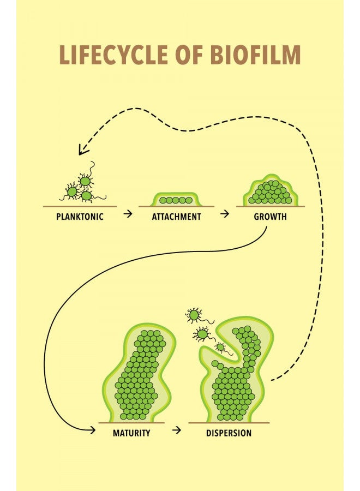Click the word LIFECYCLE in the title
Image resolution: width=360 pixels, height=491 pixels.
113,55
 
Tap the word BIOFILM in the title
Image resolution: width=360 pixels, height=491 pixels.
255,55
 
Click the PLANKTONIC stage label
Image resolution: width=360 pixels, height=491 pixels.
80,217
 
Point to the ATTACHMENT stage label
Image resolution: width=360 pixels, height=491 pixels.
176,217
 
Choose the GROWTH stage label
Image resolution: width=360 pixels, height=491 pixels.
270,217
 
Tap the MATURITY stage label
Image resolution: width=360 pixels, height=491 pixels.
131,433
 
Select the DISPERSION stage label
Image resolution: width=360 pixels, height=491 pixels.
229,433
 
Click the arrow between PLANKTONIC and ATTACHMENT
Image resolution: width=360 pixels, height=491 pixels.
128,214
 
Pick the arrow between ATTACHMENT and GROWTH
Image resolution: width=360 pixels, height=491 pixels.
224,214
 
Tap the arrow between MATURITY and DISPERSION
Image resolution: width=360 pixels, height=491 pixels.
177,430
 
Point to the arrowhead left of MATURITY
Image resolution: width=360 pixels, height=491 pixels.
93,430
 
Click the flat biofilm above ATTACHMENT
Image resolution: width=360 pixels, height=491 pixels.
176,200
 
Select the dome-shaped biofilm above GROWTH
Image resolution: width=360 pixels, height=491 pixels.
271,191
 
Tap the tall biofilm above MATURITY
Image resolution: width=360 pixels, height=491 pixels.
138,373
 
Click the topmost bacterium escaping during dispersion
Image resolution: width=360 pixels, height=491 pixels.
194,315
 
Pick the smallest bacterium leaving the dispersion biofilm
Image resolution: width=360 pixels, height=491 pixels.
221,347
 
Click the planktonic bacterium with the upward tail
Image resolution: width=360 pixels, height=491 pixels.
85,181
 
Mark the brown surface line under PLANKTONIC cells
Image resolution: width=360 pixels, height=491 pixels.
80,207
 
